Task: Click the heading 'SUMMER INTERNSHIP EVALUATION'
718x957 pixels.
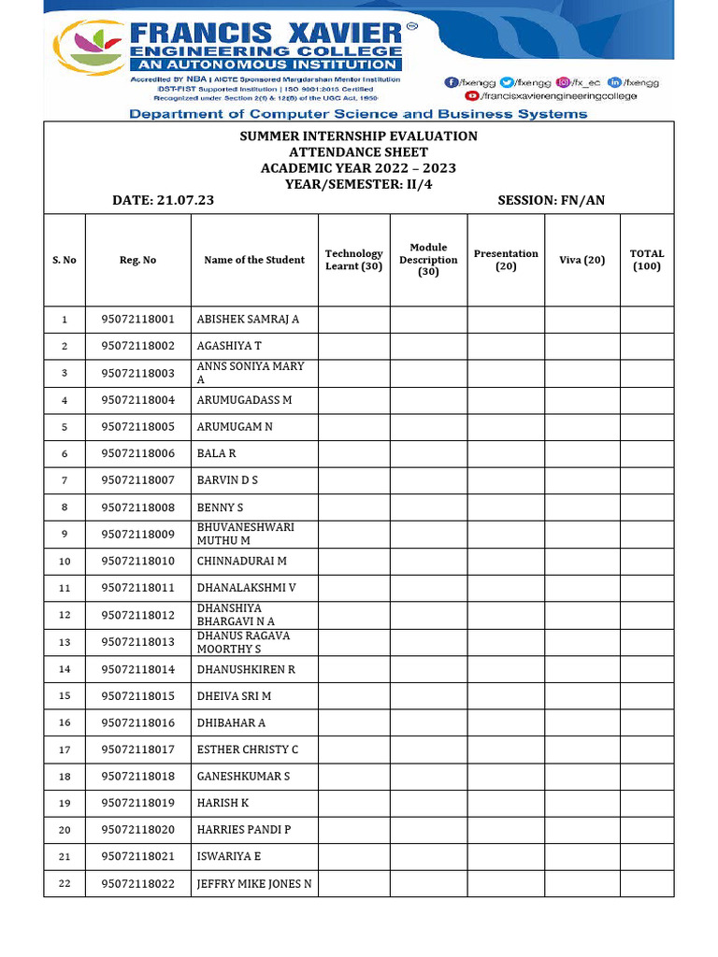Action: tap(358, 136)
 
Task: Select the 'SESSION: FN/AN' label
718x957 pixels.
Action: tap(551, 200)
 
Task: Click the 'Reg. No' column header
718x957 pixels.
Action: tap(137, 260)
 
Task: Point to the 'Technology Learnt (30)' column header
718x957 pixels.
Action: tap(353, 260)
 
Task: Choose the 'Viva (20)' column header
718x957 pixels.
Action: tap(582, 260)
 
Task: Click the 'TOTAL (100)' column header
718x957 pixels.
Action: tap(646, 260)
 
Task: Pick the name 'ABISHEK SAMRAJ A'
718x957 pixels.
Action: tap(248, 319)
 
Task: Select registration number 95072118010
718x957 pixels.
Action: tap(137, 561)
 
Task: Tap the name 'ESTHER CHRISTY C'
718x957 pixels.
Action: tap(247, 750)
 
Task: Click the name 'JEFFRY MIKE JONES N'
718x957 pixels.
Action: tap(253, 883)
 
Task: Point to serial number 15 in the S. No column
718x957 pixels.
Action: tap(65, 696)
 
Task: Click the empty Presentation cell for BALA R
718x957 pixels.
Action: tap(505, 453)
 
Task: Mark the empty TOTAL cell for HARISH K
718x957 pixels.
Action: tap(646, 803)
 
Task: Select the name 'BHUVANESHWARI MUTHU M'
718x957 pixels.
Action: tap(245, 534)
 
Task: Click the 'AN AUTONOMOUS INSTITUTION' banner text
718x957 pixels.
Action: tap(266, 64)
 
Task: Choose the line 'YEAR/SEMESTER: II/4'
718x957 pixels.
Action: tap(358, 184)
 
